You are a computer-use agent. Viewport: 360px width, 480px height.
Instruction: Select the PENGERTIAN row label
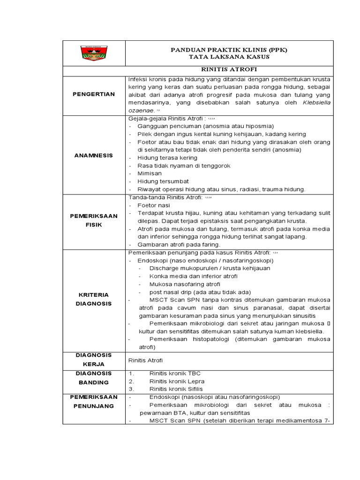tap(94, 94)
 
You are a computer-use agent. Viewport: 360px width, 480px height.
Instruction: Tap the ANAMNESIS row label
tap(94, 155)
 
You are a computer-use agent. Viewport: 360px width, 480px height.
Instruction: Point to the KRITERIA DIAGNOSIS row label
tap(94, 299)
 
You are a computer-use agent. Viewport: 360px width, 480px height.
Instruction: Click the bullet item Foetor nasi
tap(154, 205)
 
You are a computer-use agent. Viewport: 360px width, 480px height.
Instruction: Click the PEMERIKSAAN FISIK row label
tap(94, 221)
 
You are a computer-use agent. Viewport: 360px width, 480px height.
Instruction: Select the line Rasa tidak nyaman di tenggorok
tap(184, 165)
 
